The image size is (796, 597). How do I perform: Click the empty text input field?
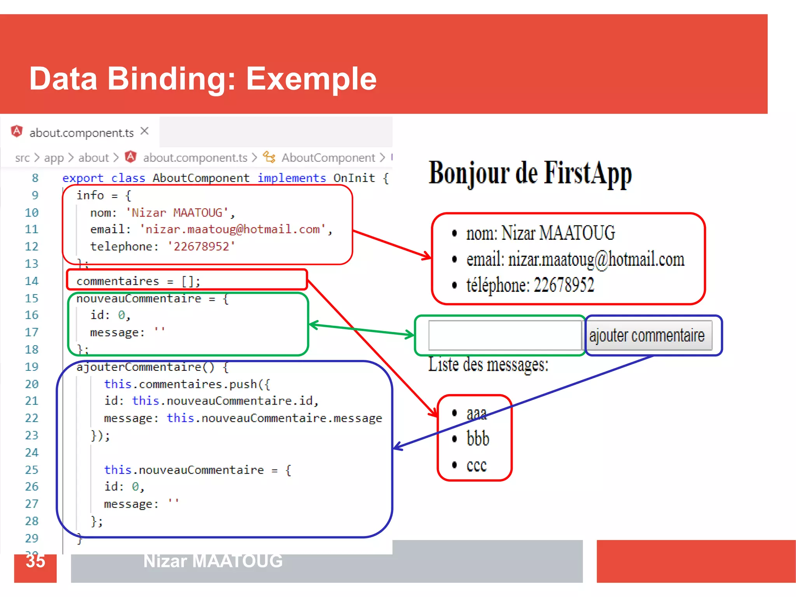(x=504, y=335)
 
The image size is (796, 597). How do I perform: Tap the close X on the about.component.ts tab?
(x=145, y=131)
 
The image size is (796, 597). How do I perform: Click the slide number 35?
(x=35, y=561)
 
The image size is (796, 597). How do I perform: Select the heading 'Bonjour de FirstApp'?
(x=530, y=173)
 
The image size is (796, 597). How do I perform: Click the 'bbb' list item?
(x=478, y=439)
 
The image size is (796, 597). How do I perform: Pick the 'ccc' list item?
(x=477, y=465)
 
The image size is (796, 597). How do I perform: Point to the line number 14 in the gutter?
(x=32, y=281)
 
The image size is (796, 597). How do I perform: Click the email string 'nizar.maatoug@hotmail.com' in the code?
(x=232, y=229)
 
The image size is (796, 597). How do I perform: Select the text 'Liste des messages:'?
(x=488, y=365)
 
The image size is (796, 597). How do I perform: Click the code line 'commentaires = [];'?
(x=138, y=281)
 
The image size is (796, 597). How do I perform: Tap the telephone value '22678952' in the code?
(x=201, y=246)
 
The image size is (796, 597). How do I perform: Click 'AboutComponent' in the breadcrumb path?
(x=328, y=158)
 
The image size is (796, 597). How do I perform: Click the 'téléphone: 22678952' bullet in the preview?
(x=530, y=285)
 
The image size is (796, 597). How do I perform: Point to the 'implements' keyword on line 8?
(x=292, y=178)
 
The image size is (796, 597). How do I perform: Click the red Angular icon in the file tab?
(x=17, y=131)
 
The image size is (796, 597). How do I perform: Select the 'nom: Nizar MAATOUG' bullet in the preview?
(x=540, y=233)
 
